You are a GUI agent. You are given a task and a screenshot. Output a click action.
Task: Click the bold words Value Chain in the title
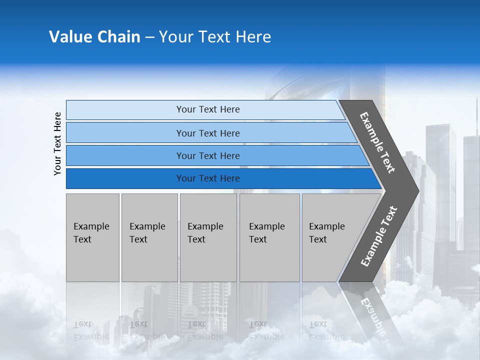click(94, 37)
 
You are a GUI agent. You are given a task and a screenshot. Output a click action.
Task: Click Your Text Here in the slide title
click(215, 37)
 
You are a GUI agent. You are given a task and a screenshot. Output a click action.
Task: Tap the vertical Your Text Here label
click(57, 144)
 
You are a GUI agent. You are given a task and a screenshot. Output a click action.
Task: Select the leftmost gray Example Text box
click(92, 237)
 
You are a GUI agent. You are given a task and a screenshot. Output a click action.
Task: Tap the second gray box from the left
click(149, 237)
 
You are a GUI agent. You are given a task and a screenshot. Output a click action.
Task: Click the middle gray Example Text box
click(208, 237)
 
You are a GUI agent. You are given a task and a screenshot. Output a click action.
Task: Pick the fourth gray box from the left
click(269, 237)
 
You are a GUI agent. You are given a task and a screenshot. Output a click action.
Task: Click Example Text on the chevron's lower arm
click(379, 236)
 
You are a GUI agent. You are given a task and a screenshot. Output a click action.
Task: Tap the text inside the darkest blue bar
click(208, 178)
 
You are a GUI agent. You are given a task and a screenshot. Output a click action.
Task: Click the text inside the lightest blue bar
click(208, 109)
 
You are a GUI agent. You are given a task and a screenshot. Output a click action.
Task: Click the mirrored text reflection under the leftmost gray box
click(91, 330)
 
